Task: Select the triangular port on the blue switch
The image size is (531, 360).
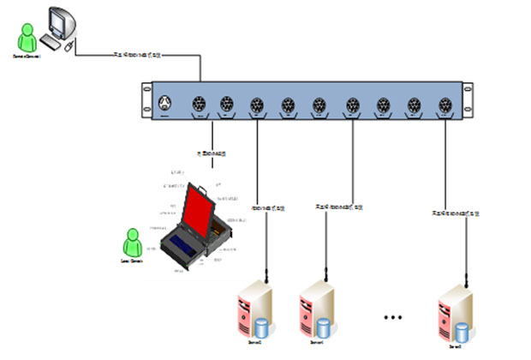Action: pyautogui.click(x=164, y=105)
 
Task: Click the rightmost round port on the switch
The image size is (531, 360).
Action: pyautogui.click(x=445, y=105)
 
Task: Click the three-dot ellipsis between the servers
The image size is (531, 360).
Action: pyautogui.click(x=392, y=316)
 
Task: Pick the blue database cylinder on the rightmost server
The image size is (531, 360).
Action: pyautogui.click(x=462, y=332)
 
